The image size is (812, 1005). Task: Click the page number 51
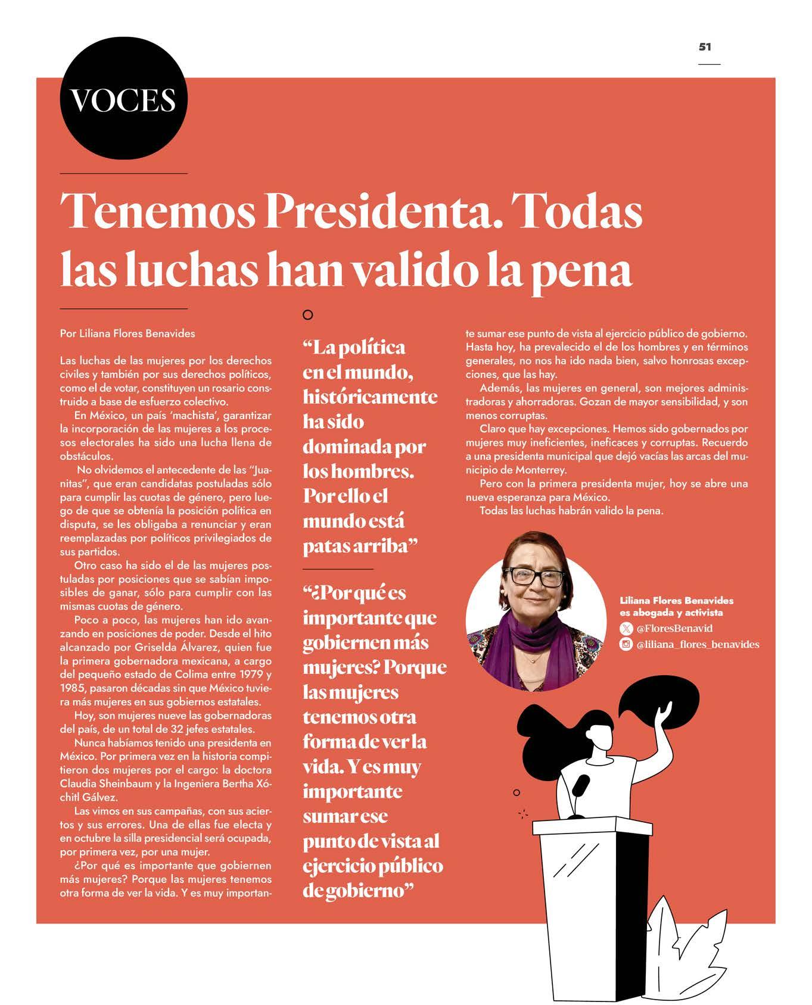tap(705, 47)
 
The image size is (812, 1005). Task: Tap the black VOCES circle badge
tap(124, 99)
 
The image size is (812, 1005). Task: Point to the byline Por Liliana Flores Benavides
tap(127, 333)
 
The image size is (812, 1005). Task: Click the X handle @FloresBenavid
tap(674, 629)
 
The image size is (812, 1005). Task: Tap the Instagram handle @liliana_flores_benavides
tap(698, 644)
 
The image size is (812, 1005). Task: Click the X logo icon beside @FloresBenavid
tap(626, 629)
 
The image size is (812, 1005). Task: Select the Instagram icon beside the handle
tap(626, 644)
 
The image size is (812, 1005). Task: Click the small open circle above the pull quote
tap(307, 315)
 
